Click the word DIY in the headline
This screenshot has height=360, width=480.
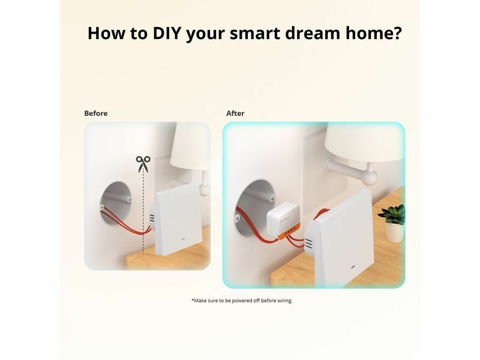coord(167,33)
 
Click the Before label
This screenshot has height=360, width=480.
coord(96,113)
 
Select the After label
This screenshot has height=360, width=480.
coord(235,113)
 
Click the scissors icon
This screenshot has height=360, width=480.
coord(143,164)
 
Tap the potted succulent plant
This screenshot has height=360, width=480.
coord(393,223)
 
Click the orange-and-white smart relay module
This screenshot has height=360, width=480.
coord(283,220)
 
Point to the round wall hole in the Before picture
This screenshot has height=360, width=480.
coord(115,203)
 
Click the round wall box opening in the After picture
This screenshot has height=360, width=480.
coord(254,208)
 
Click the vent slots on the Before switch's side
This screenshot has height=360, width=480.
coord(152,218)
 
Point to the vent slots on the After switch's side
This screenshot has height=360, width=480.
coord(308,244)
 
